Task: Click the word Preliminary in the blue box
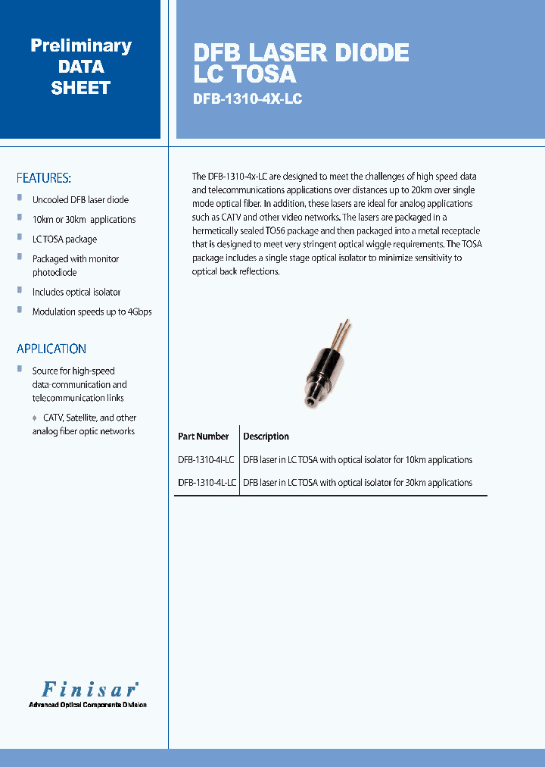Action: click(80, 45)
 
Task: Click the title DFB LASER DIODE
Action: click(301, 52)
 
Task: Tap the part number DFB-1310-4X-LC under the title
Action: click(248, 99)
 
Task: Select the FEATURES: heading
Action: click(44, 178)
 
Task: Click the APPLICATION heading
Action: click(51, 349)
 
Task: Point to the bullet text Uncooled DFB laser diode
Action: click(80, 200)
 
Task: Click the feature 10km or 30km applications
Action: click(84, 220)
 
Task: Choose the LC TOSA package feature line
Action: click(64, 239)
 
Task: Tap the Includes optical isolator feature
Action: click(76, 292)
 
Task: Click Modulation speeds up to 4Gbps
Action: click(92, 311)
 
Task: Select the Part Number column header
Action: click(203, 437)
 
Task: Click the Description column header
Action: click(266, 437)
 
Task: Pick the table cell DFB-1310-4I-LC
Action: click(206, 460)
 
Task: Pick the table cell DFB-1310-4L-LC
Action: click(207, 483)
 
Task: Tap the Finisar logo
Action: click(88, 689)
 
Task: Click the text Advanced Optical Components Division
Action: click(88, 705)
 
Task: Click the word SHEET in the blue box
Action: click(80, 88)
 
